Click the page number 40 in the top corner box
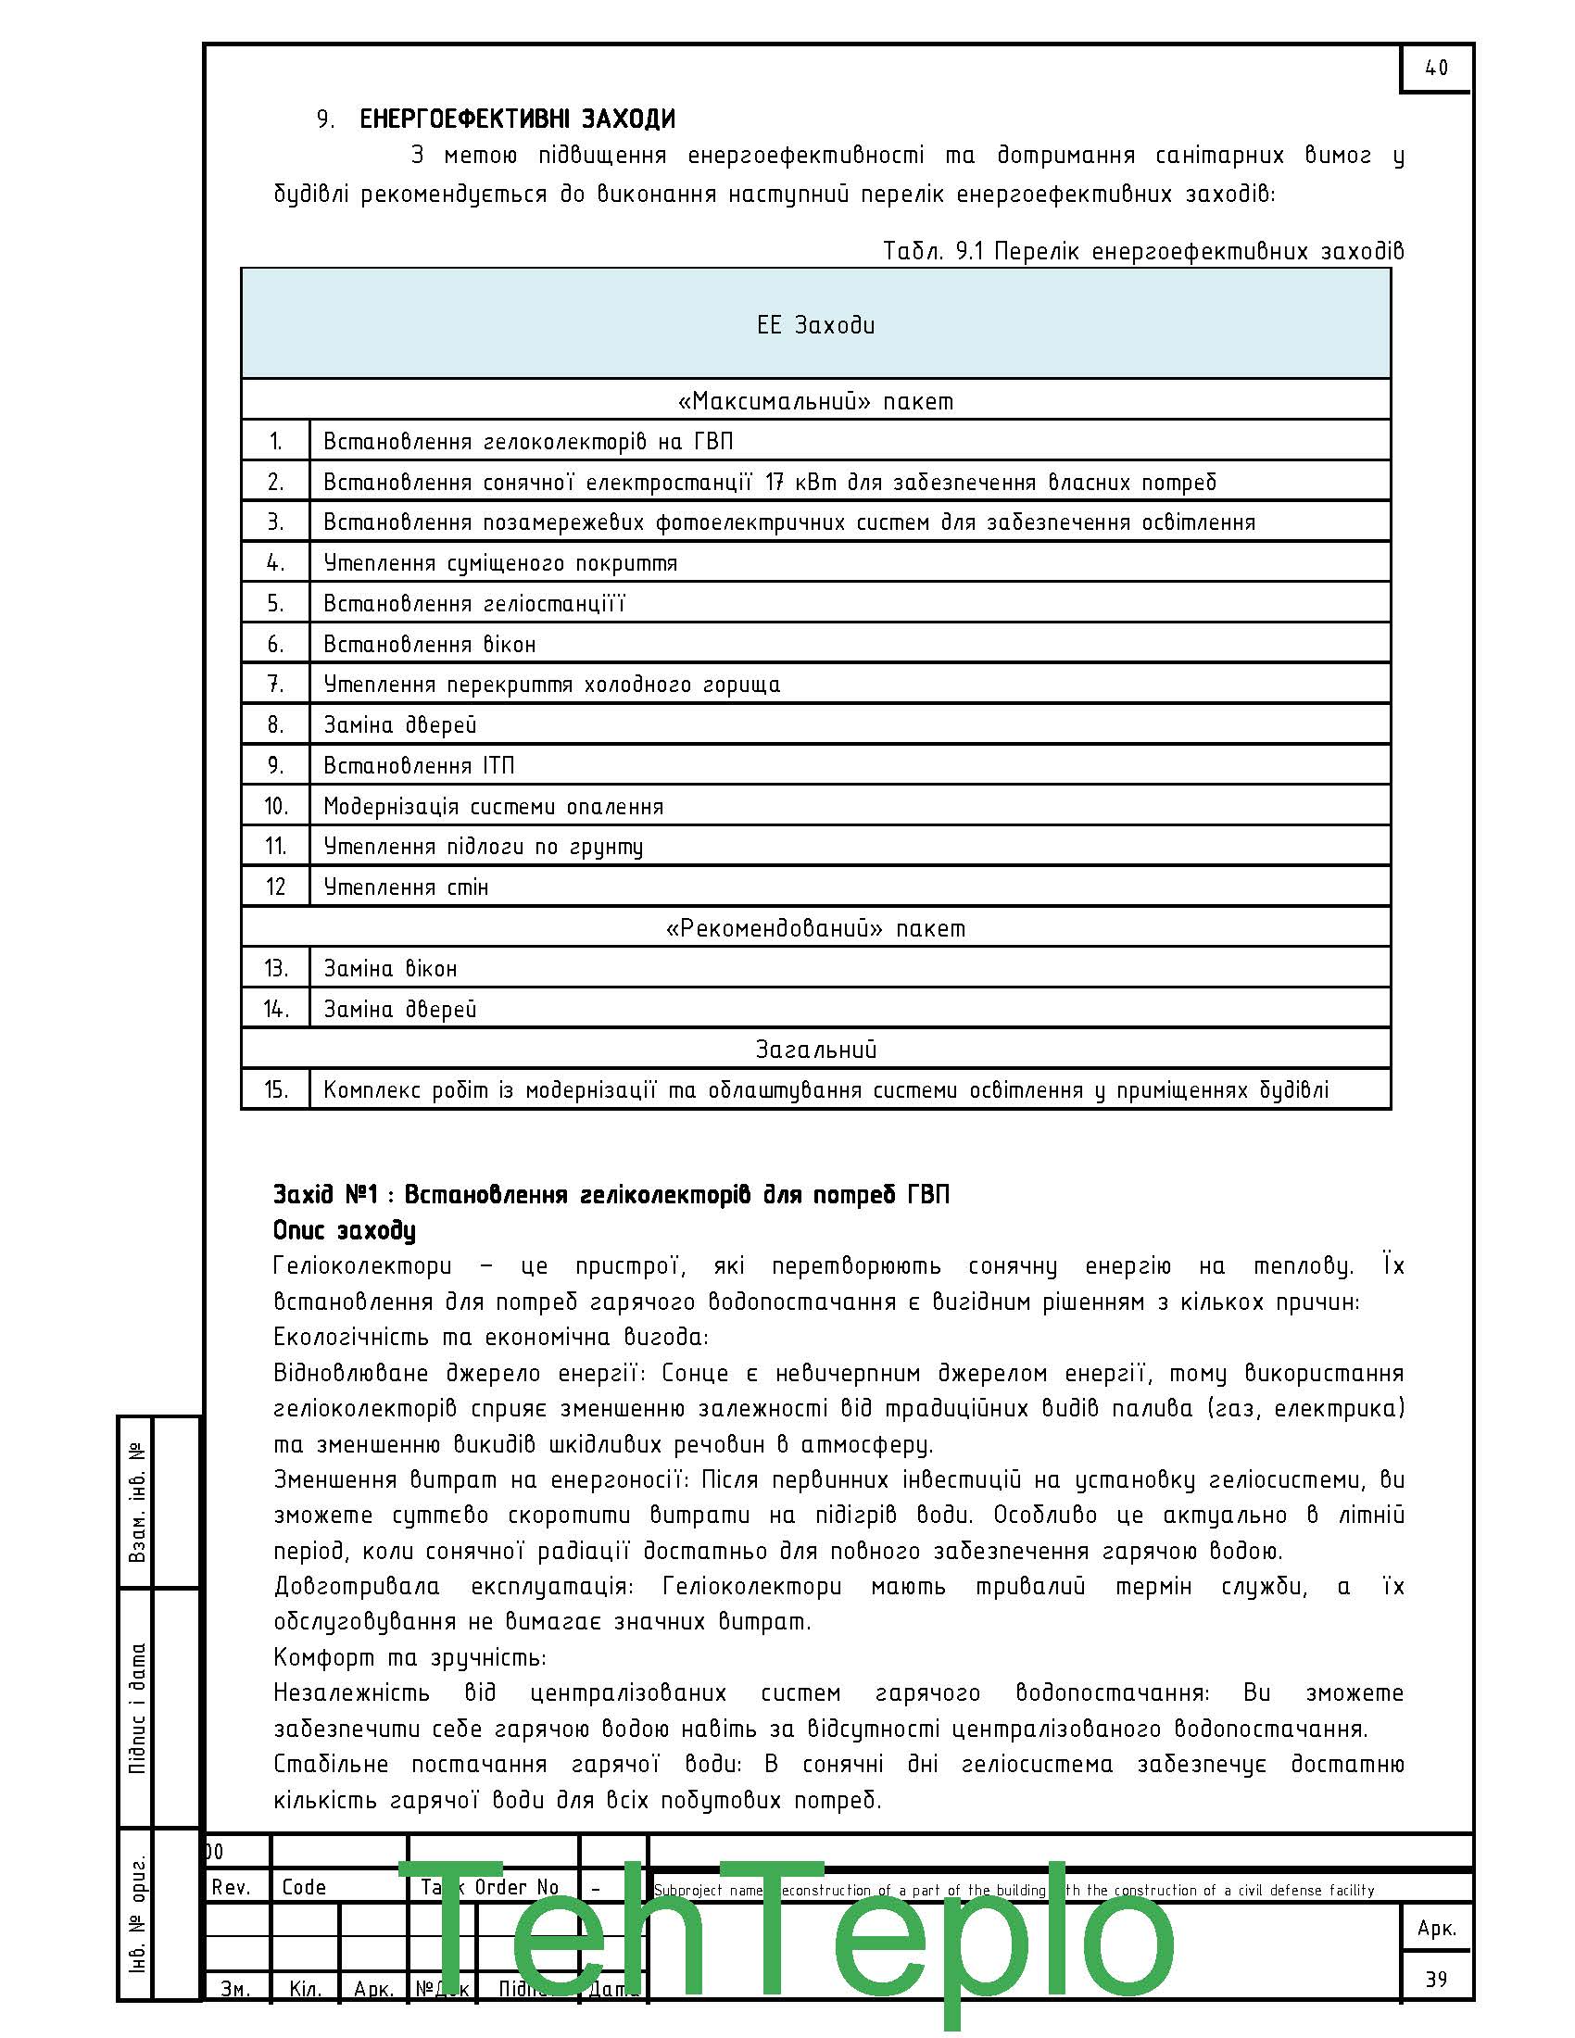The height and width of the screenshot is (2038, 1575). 1436,69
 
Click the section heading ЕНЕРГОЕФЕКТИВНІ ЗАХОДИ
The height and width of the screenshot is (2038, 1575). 517,120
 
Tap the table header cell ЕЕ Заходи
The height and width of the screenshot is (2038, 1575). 815,325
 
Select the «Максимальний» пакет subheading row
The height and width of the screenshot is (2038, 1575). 815,401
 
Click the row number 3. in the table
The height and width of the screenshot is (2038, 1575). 275,522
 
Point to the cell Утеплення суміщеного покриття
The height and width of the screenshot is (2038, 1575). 500,562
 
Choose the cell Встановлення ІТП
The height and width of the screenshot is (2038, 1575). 418,765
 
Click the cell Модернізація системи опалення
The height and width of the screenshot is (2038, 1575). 493,806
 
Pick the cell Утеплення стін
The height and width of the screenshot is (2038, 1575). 406,887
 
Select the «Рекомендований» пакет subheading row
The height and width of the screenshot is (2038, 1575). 815,928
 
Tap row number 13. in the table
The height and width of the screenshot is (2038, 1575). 275,969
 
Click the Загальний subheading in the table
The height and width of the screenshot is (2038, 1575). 815,1050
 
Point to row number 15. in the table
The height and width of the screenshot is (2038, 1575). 275,1090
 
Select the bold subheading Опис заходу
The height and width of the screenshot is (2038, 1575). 345,1231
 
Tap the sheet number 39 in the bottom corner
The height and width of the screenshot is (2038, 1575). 1436,1980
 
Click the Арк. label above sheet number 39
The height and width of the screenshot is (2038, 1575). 1436,1928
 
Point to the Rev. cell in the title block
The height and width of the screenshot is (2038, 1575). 231,1887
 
